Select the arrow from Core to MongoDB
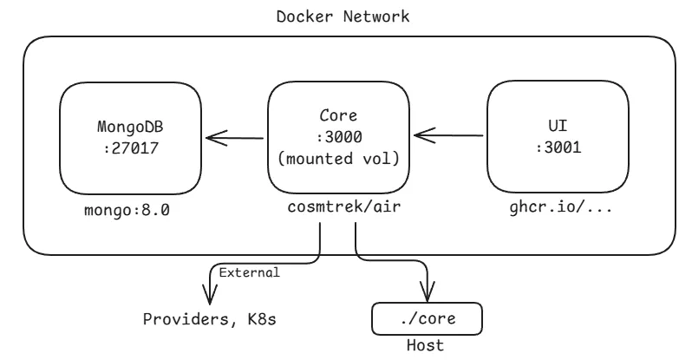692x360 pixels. pos(234,136)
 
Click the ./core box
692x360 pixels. pos(425,318)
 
